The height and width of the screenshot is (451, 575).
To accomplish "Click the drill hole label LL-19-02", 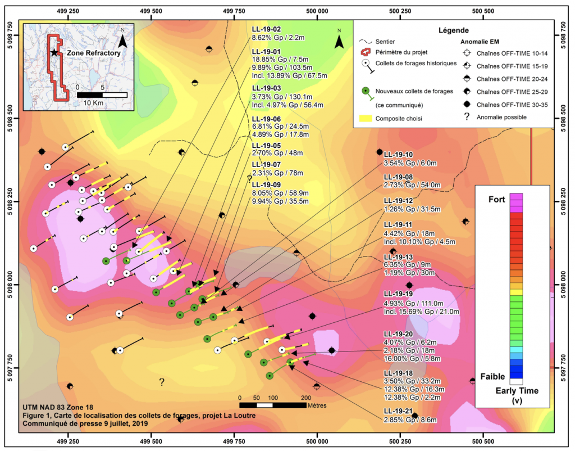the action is point(266,29).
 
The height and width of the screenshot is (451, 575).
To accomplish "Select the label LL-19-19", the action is point(398,294).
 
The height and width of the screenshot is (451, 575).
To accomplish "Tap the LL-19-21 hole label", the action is point(398,411).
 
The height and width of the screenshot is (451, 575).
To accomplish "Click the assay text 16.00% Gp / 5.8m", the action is point(412,358).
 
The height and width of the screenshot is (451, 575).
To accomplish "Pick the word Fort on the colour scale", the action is point(496,200).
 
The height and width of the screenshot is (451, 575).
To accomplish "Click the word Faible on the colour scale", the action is point(492,376).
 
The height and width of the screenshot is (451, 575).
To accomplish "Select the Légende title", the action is point(454,30).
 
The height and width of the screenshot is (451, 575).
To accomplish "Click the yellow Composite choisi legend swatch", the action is point(365,118).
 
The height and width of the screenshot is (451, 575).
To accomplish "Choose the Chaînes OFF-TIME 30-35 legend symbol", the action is point(467,104).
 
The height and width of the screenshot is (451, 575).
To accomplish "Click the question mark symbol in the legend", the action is point(467,117).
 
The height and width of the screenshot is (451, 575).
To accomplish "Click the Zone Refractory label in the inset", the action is point(94,53).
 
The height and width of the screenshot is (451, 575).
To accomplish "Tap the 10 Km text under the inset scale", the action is point(93,103).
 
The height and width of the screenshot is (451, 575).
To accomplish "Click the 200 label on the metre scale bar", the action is point(306,398).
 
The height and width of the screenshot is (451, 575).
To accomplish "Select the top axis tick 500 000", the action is point(317,11).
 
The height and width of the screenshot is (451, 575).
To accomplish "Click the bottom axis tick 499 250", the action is point(68,441).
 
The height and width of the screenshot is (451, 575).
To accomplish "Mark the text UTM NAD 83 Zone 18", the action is point(58,407).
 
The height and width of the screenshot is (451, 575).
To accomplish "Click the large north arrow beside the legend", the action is point(339,39).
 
